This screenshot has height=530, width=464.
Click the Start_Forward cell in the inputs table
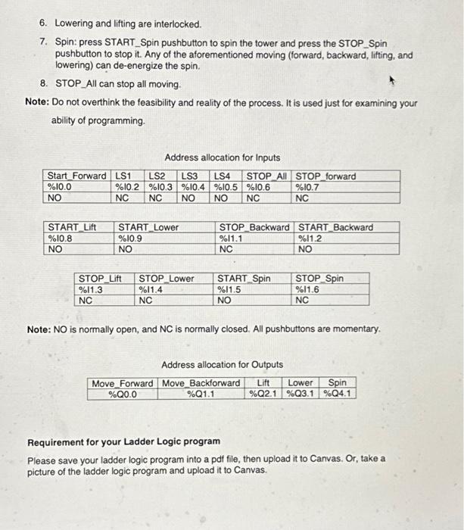point(76,176)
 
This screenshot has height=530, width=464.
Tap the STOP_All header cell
point(269,176)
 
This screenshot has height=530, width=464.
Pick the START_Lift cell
point(72,227)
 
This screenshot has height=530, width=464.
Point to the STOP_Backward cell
point(254,227)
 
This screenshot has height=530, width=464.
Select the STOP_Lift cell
point(101,279)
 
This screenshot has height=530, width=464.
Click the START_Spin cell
point(244,279)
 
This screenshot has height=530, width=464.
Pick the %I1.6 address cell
point(309,289)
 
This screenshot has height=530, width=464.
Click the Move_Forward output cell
point(122,383)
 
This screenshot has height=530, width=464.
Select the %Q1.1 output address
point(201,394)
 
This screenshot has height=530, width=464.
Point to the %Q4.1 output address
point(338,394)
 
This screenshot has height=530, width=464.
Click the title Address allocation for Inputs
point(222,157)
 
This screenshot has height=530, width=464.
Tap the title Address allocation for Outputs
point(222,364)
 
